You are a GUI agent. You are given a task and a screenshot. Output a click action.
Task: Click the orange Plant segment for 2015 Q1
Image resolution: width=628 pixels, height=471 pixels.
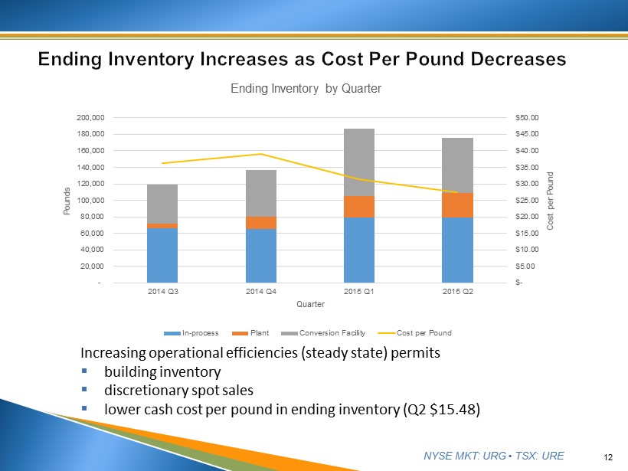359,207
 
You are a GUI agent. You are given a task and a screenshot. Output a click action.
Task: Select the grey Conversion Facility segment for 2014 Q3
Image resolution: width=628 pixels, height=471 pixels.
162,204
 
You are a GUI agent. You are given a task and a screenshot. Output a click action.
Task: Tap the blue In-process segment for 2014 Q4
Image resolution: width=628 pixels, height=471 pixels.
260,256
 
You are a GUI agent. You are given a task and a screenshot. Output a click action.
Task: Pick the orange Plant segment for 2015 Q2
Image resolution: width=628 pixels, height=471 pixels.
458,204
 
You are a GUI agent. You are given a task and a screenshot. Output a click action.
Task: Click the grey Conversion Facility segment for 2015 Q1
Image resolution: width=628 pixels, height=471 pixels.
359,162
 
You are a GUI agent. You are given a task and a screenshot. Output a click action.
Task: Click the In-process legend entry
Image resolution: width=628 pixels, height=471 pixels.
196,333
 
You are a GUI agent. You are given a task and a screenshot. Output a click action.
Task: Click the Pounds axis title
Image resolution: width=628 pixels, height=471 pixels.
67,201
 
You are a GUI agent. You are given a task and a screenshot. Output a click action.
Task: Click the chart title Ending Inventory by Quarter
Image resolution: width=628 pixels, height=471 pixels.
306,89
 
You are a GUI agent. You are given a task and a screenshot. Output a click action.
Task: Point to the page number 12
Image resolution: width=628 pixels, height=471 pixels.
608,457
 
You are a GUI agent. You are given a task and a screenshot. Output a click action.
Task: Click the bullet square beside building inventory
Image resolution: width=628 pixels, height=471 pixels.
86,372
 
